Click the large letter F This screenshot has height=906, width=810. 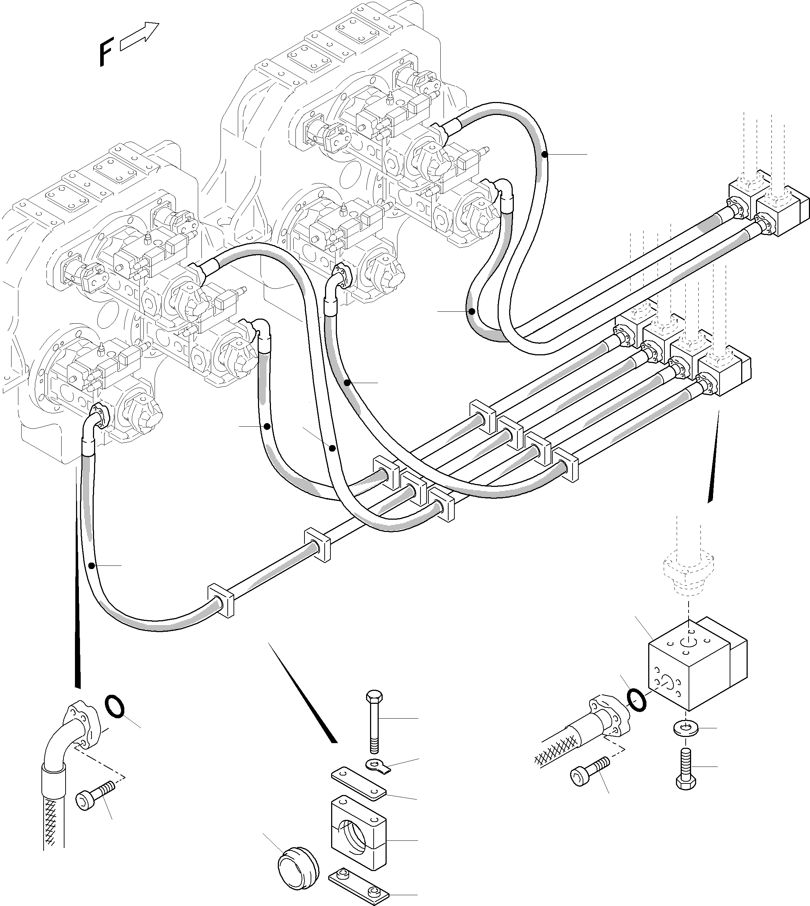(x=106, y=52)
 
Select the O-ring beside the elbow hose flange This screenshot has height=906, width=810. (x=114, y=707)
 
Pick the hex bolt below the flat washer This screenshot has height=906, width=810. (x=686, y=772)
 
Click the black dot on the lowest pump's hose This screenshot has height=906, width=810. (x=91, y=565)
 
